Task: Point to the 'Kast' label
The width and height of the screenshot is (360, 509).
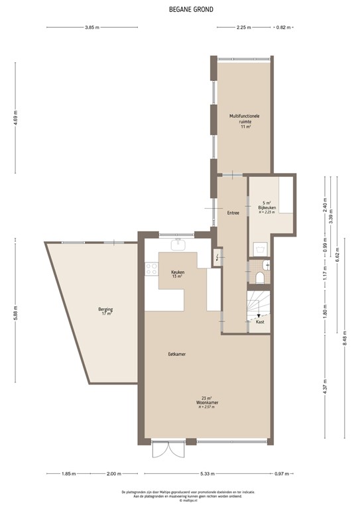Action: (260, 321)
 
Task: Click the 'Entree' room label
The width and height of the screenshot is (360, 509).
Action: (233, 213)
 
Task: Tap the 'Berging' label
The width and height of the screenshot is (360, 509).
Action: (106, 310)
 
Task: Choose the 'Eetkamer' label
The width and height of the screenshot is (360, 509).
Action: (176, 355)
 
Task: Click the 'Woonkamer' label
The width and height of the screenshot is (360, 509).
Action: (208, 402)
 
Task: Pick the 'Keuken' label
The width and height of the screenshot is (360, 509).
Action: (178, 272)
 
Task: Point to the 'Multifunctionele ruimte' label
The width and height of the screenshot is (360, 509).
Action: (245, 119)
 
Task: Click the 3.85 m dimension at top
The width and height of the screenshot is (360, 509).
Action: (92, 27)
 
